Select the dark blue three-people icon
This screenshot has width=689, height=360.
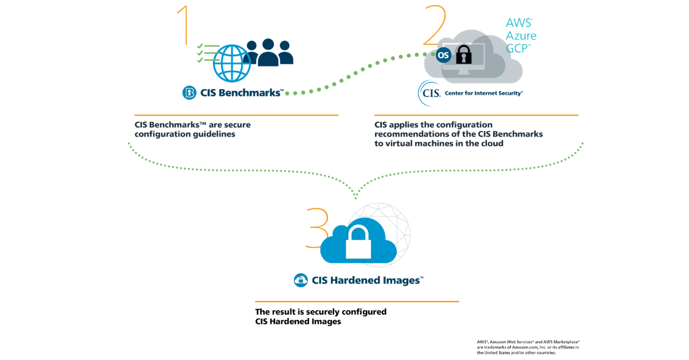268,52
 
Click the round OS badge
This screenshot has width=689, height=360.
443,55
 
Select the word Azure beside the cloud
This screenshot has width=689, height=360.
521,36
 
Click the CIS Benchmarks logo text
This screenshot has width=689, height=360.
241,92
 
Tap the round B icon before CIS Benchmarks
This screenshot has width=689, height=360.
189,92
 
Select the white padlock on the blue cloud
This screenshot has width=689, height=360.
359,241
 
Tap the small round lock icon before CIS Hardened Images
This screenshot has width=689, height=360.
301,280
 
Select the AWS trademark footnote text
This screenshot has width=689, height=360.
528,347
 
